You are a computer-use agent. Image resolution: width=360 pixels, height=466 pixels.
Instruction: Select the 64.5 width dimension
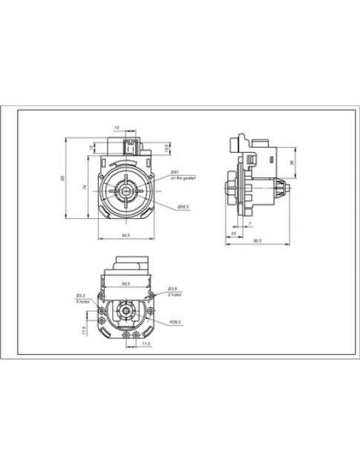tap(126, 236)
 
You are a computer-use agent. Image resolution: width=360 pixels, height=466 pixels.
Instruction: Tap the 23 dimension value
tap(234, 234)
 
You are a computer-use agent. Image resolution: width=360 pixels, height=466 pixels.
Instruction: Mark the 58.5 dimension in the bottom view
tap(126, 283)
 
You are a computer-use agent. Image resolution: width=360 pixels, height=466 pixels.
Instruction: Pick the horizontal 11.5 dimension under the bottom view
tap(146, 344)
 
